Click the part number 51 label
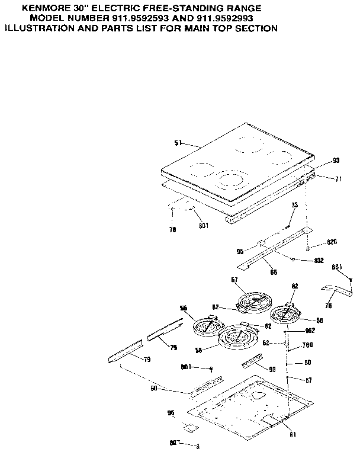[x=178, y=143]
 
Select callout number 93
[x=336, y=160]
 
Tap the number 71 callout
[x=338, y=178]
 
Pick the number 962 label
[x=308, y=332]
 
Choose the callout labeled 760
[x=307, y=345]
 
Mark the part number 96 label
[x=171, y=413]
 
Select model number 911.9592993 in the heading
[x=221, y=19]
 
